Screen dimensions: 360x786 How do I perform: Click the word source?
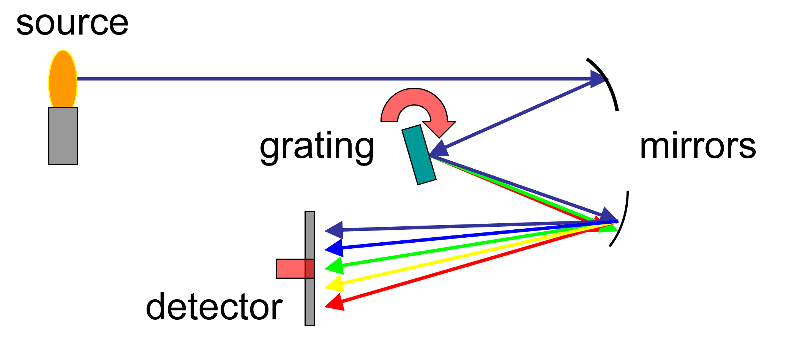pos(72,24)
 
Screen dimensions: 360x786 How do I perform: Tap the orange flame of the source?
pos(63,79)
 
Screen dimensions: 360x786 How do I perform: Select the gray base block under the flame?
pos(63,136)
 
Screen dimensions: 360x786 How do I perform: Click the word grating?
pos(317,147)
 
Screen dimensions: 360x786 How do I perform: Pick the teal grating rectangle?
pos(419,155)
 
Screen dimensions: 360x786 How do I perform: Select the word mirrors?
pos(698,147)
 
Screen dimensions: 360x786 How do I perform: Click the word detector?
pos(214,307)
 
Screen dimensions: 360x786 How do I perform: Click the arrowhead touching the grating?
pos(439,149)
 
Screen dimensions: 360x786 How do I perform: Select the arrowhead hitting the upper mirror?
pos(598,79)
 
